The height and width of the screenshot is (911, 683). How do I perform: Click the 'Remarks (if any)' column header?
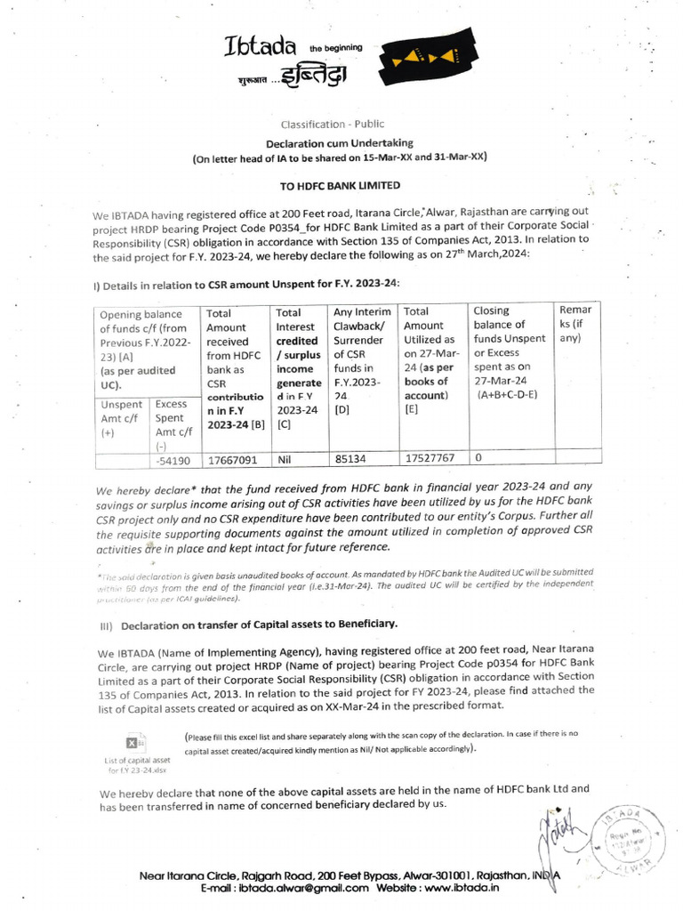(572, 324)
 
